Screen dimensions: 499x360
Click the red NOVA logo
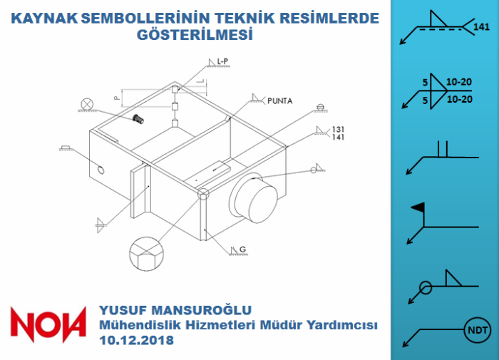(48, 324)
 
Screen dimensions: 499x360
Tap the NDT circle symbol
(478, 330)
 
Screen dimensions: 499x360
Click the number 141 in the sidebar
(481, 27)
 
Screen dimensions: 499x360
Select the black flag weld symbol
(418, 207)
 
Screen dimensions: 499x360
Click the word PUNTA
(279, 101)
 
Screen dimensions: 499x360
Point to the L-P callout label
(222, 61)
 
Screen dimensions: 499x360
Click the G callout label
(243, 250)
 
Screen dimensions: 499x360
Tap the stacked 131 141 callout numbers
(338, 133)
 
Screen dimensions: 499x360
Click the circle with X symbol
(86, 104)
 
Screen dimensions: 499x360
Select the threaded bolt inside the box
(138, 119)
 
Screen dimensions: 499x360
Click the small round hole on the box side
(101, 170)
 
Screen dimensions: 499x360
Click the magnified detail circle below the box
(146, 254)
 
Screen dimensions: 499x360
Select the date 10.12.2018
(137, 340)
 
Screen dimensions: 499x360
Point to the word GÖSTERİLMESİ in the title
(195, 35)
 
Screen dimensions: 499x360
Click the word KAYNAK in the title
(44, 19)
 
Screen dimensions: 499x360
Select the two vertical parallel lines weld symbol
(443, 149)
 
